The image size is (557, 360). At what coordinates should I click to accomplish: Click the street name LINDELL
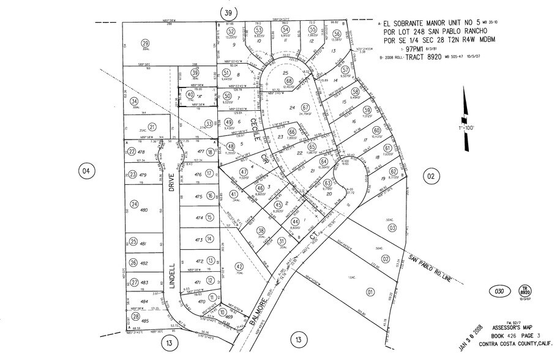173,276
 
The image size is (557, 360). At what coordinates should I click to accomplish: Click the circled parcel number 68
288,81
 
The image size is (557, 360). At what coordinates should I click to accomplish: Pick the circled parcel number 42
239,266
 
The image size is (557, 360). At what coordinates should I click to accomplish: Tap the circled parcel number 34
134,102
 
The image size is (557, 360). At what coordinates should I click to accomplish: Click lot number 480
144,210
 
